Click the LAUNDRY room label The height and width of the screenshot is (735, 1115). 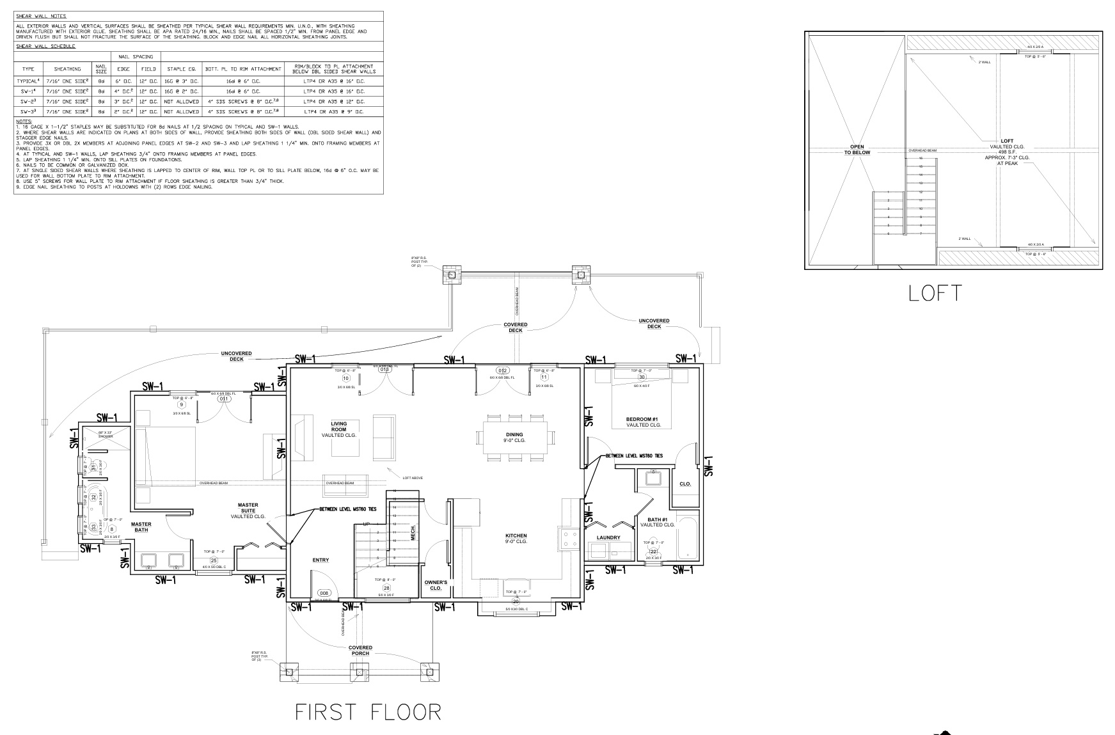point(608,538)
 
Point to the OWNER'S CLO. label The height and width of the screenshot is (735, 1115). point(436,585)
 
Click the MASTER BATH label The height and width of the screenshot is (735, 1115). point(141,527)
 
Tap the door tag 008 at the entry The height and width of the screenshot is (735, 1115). point(324,593)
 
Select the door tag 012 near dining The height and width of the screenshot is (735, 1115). point(503,371)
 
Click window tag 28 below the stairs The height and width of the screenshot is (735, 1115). point(386,588)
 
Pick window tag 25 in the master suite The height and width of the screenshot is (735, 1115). point(214,560)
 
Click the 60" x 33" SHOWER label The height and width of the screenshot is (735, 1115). point(106,434)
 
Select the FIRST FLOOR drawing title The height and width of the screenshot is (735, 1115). point(368,712)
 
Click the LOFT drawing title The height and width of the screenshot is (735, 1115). point(935,293)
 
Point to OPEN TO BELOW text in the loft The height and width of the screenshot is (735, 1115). point(857,150)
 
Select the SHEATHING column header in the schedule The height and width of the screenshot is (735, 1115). point(68,69)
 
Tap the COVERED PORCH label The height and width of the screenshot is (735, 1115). point(360,651)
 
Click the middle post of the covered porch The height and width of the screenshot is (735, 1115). point(359,672)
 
